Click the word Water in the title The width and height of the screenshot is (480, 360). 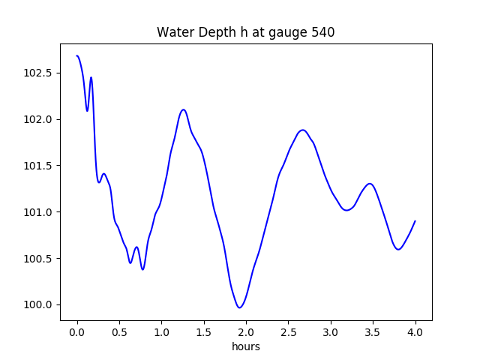pos(173,33)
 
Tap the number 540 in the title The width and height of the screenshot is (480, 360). pos(322,33)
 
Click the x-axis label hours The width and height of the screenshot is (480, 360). pos(246,347)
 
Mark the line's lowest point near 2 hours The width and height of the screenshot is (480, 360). pos(240,307)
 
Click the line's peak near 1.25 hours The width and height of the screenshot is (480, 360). pos(183,109)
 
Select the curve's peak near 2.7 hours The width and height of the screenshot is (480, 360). pos(303,130)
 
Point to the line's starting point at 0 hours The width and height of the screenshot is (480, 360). pos(77,55)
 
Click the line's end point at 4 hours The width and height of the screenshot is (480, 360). pos(415,221)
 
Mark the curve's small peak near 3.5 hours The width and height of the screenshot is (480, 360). pos(370,183)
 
